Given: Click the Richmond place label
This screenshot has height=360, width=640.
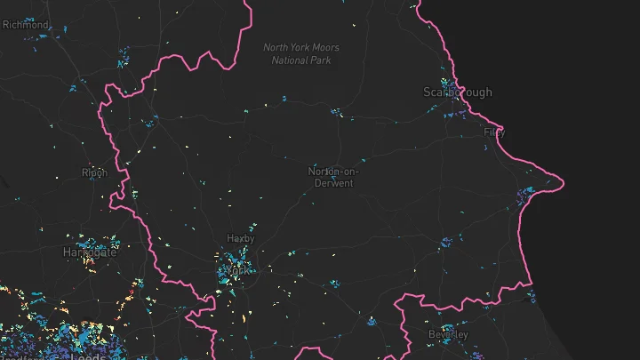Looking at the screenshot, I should [x=25, y=25].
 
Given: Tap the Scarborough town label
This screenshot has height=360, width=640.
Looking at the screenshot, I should [x=457, y=92].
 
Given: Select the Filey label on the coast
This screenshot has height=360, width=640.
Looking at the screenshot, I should [x=493, y=132].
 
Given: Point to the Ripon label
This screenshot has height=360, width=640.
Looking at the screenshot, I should [x=94, y=172].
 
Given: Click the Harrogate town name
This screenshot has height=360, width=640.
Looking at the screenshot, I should [x=90, y=252].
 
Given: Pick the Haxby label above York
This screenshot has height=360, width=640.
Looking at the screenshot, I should [x=240, y=238].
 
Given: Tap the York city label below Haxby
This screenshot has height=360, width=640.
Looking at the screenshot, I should [x=236, y=268].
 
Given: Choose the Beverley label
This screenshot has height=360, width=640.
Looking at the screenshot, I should [x=447, y=334].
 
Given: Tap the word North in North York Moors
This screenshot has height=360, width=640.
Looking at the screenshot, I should [x=276, y=48].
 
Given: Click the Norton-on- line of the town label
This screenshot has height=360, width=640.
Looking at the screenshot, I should [x=331, y=171].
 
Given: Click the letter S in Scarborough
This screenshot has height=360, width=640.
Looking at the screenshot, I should [x=428, y=92].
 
